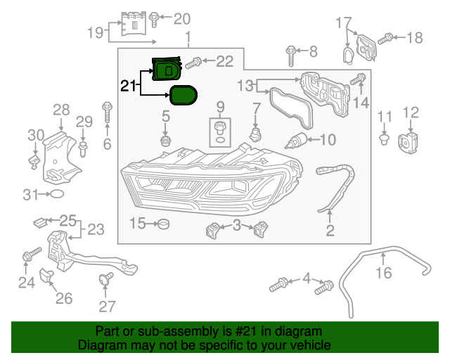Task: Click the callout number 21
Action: (127, 86)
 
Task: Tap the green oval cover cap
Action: (181, 94)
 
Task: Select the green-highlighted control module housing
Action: (167, 70)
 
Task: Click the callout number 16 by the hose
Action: (383, 272)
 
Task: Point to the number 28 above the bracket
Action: (61, 109)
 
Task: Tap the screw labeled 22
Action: (194, 62)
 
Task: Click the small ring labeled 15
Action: (164, 224)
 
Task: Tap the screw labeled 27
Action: (107, 279)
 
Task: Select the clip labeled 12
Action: (409, 141)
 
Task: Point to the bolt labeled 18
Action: (384, 39)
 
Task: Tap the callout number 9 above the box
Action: (220, 107)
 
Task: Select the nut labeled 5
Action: (167, 141)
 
